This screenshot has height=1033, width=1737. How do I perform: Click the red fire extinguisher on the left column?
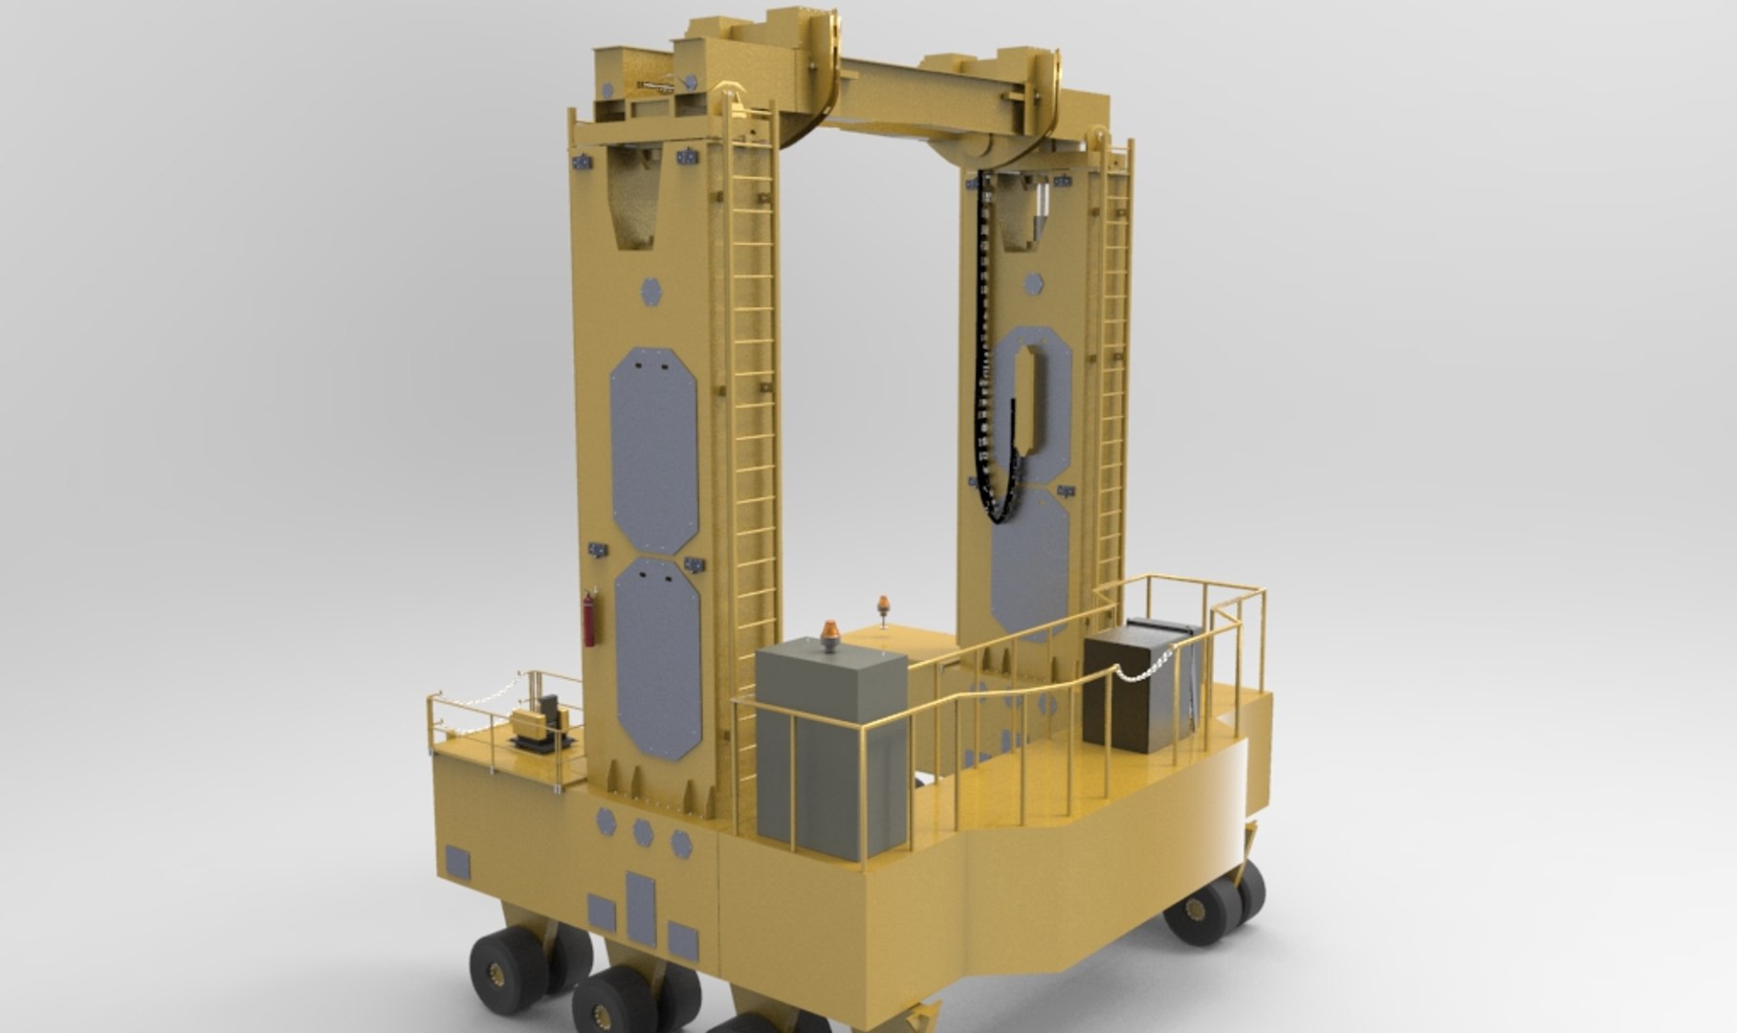[x=590, y=620]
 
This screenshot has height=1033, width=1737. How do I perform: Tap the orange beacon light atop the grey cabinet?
[x=829, y=637]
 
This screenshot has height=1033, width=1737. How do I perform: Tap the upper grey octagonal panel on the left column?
[x=653, y=450]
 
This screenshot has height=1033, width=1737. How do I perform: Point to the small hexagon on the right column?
[x=1033, y=284]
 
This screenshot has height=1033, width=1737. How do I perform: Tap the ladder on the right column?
[x=1112, y=383]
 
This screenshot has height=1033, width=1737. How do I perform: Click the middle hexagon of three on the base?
[x=643, y=831]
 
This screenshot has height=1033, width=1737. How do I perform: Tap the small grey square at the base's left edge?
[x=459, y=863]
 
